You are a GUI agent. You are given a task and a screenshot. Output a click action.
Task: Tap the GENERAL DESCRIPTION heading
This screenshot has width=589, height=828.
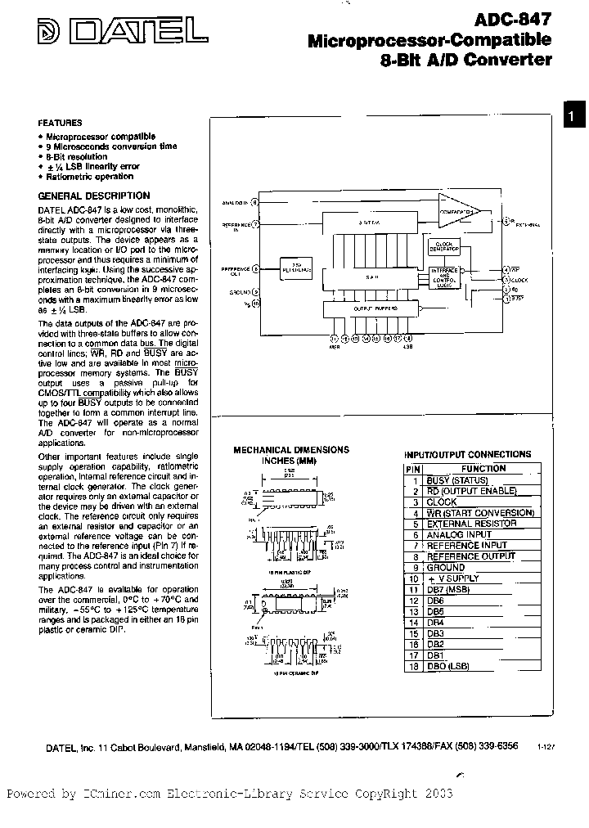(x=94, y=196)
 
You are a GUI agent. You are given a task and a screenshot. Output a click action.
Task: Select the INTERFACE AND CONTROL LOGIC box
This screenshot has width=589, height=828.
(x=445, y=276)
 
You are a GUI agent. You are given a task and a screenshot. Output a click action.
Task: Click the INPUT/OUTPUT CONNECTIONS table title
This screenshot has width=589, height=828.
(x=467, y=454)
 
